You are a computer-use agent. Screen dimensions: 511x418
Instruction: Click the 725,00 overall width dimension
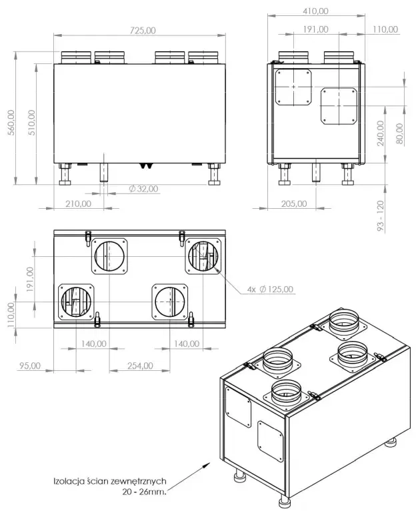pos(141,30)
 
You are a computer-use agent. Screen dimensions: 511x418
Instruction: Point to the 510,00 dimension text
pos(31,122)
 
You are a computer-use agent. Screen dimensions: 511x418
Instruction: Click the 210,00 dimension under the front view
pos(79,203)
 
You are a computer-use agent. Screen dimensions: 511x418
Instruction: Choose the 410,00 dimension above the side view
pos(315,11)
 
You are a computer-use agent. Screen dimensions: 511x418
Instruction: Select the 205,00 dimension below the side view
pos(293,203)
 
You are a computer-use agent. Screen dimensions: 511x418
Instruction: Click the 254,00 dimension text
pos(140,366)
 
